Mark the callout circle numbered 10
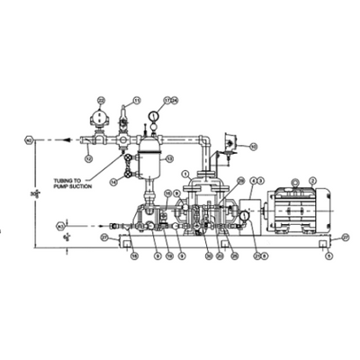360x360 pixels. point(254,146)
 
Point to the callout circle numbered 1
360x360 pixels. point(184,173)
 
